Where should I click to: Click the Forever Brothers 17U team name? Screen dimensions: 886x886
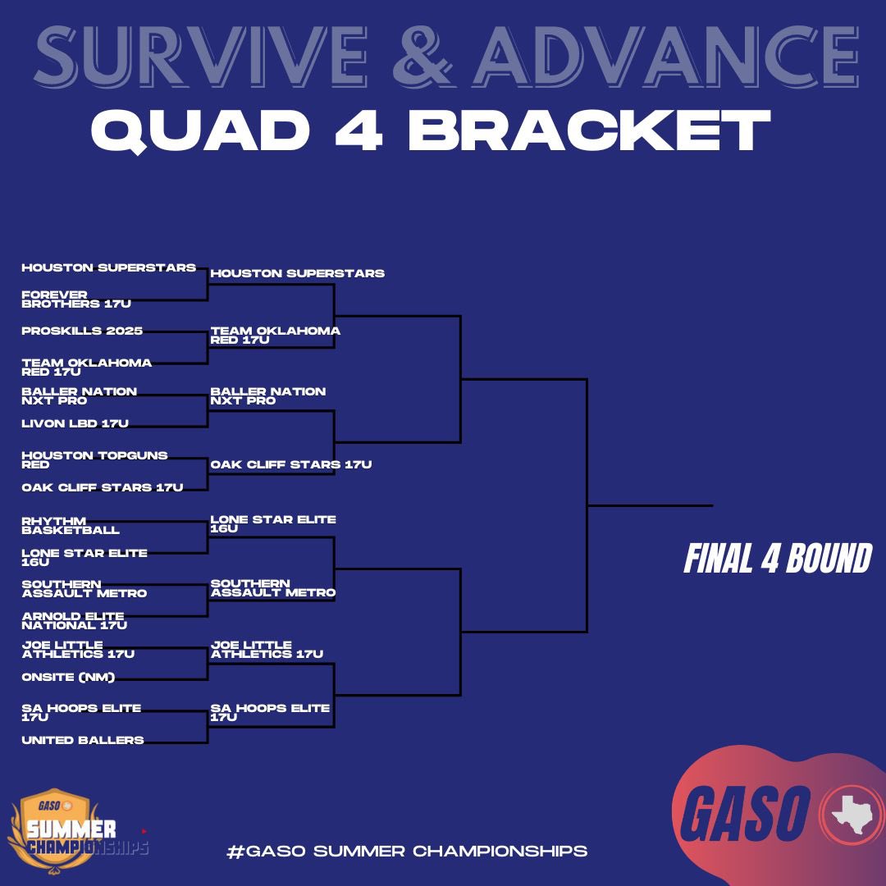pos(76,299)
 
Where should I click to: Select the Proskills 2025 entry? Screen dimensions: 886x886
pos(82,331)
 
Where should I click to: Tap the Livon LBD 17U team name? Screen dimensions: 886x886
pos(75,423)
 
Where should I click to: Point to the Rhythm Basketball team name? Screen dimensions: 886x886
pos(71,526)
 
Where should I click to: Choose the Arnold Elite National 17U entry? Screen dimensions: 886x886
pos(73,620)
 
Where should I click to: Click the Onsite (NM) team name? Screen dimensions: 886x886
pos(68,677)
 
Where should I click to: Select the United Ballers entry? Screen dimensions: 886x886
pos(82,740)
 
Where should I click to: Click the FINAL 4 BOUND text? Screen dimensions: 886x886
pos(777,559)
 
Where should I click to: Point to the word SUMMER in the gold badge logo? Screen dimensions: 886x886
pos(70,829)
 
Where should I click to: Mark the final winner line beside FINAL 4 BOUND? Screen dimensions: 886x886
pos(650,505)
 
